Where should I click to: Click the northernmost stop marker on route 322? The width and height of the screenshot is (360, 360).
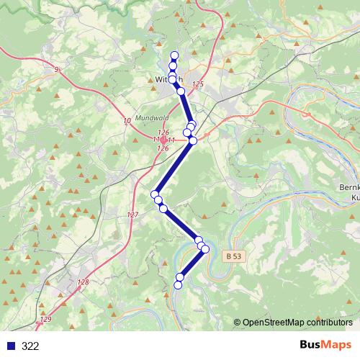pyautogui.click(x=174, y=55)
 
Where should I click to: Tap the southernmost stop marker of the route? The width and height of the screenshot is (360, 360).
pyautogui.click(x=178, y=284)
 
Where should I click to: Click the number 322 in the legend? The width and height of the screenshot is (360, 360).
pyautogui.click(x=30, y=346)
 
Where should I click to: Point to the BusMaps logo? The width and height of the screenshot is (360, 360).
pyautogui.click(x=325, y=345)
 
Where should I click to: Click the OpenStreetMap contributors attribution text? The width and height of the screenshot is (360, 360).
pyautogui.click(x=297, y=322)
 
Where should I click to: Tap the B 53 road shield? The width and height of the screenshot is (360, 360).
pyautogui.click(x=232, y=256)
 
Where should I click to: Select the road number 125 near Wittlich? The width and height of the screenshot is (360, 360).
pyautogui.click(x=199, y=85)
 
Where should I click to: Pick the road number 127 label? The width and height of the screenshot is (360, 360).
pyautogui.click(x=132, y=215)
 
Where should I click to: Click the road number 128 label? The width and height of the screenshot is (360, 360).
pyautogui.click(x=83, y=282)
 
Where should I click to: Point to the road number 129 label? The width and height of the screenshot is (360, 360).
pyautogui.click(x=46, y=319)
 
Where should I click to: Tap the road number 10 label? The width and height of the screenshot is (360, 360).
pyautogui.click(x=127, y=120)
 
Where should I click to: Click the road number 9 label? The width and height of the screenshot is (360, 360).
pyautogui.click(x=56, y=69)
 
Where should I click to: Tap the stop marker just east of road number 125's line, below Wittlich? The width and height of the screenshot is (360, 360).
pyautogui.click(x=181, y=91)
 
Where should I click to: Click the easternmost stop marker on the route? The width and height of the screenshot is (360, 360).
pyautogui.click(x=205, y=249)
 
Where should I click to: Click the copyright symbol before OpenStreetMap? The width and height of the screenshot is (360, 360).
pyautogui.click(x=238, y=322)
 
